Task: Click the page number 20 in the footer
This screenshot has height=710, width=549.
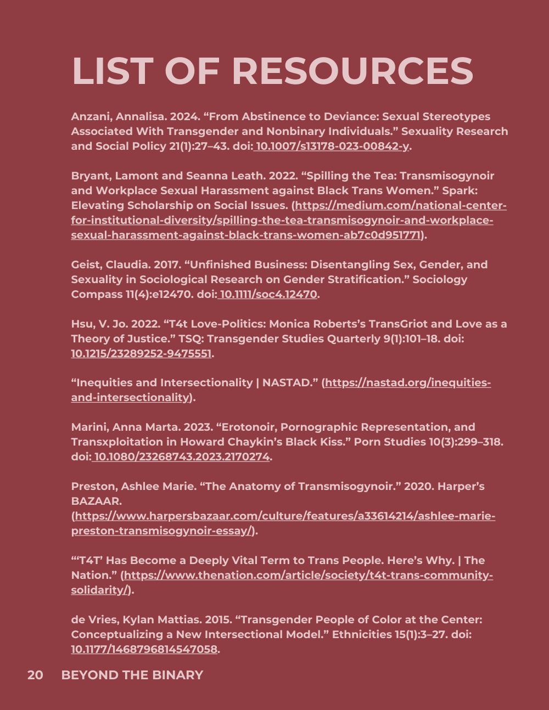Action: (35, 675)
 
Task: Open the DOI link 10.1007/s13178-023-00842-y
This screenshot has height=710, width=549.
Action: (333, 146)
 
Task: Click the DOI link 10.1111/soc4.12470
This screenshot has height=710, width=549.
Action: (268, 295)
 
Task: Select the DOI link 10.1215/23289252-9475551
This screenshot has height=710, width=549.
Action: (141, 354)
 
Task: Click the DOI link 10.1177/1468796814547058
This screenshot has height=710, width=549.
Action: (144, 650)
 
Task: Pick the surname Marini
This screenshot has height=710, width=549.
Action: (89, 427)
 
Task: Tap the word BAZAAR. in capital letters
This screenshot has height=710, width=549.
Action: (96, 501)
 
